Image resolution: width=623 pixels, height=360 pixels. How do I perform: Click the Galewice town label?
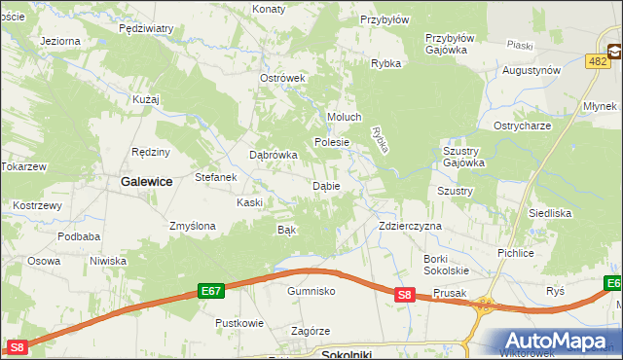(x=146, y=181)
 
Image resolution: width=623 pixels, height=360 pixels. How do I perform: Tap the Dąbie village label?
(x=325, y=186)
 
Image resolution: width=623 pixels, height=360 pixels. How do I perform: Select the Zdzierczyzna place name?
(x=410, y=226)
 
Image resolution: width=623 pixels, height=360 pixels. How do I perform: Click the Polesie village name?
(x=332, y=142)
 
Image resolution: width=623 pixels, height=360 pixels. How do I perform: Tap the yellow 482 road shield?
(x=599, y=61)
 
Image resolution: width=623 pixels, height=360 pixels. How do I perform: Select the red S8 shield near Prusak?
(x=406, y=295)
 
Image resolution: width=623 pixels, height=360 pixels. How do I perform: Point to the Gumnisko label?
(x=311, y=291)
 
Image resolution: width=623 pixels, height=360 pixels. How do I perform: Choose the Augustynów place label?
(x=531, y=71)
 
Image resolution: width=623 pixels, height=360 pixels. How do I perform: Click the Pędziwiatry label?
(x=145, y=29)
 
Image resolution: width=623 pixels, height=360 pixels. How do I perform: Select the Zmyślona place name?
(x=192, y=226)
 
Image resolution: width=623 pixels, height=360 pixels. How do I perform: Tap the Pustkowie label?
(x=239, y=322)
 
